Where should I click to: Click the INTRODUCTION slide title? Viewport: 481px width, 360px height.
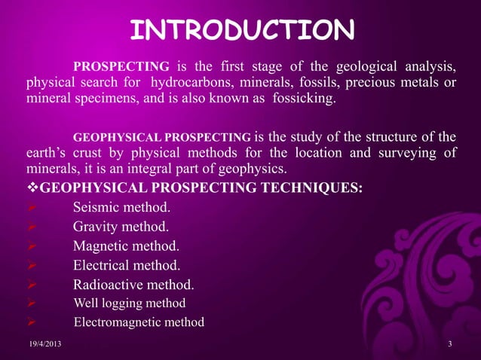(x=241, y=31)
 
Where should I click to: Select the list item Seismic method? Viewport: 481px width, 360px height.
(x=121, y=206)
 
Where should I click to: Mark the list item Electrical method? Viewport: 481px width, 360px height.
(x=127, y=265)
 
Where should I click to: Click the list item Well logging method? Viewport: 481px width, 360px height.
(x=129, y=304)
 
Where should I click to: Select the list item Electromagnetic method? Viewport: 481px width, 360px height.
(x=139, y=323)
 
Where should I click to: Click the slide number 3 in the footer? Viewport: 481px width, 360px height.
(x=449, y=345)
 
